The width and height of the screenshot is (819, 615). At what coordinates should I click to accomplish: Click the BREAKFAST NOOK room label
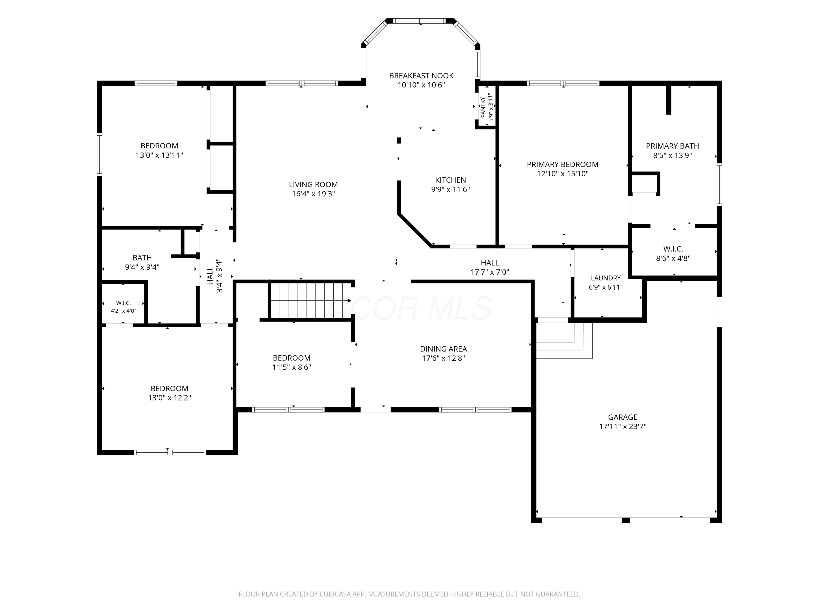tap(421, 76)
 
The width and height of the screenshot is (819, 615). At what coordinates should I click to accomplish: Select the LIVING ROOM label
tap(313, 184)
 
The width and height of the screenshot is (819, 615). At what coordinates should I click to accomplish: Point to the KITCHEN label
tap(450, 180)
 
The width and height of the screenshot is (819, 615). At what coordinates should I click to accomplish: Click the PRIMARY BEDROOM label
tap(562, 165)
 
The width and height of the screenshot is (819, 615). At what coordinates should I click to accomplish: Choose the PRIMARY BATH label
tap(672, 146)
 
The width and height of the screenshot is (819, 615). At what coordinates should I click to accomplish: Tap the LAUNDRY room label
tap(606, 278)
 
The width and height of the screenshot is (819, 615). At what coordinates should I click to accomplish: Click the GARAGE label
tap(623, 417)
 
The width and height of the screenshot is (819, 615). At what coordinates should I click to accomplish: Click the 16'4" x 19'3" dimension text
tap(313, 194)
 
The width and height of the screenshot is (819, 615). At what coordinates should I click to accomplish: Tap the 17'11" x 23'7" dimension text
tap(623, 426)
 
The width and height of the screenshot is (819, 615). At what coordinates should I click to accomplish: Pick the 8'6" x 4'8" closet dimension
tap(673, 258)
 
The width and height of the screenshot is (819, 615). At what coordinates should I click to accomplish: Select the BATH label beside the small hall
tap(142, 258)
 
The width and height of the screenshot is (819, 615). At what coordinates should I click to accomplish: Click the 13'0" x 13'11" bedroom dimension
tap(159, 155)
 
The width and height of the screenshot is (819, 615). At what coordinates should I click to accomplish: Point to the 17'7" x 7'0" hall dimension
tap(489, 272)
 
